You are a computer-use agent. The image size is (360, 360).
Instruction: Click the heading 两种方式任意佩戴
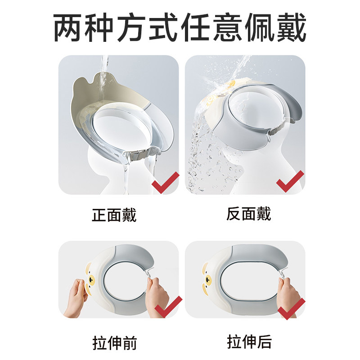tap(180, 28)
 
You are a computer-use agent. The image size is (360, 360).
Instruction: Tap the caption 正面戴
tap(114, 215)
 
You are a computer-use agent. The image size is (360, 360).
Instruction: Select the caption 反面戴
tap(249, 214)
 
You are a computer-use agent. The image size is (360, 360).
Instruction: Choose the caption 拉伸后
tap(249, 342)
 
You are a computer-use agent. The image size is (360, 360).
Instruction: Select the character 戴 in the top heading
tap(291, 28)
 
